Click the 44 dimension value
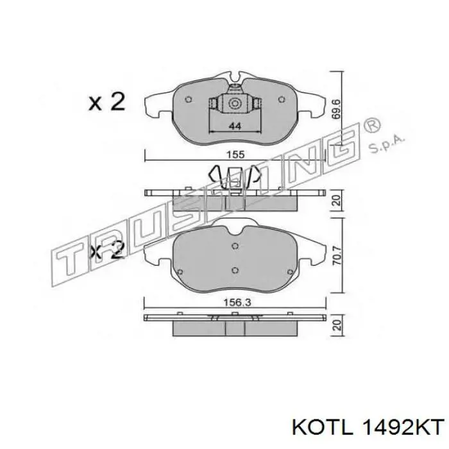pos(235,126)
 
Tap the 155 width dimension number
pos(235,155)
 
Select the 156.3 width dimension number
pos(235,302)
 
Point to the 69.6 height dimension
pos(336,109)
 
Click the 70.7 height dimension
pos(337,256)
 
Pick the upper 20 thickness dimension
pos(337,200)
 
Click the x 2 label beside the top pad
pos(107,101)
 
